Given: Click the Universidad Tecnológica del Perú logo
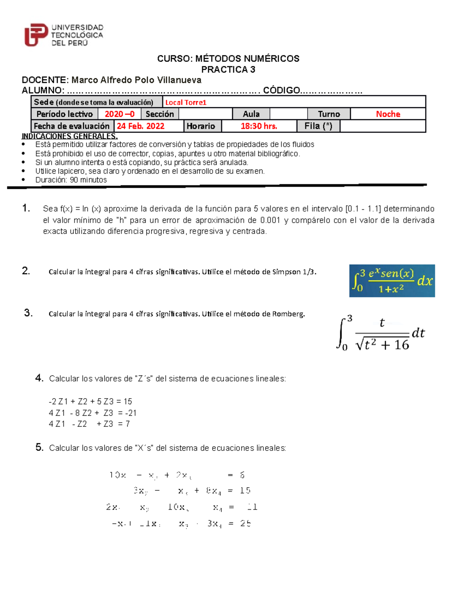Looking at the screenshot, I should click(x=64, y=35).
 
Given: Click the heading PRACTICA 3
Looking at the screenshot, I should click(x=228, y=70).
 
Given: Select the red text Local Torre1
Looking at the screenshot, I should click(x=186, y=103).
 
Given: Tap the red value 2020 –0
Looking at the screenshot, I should click(x=119, y=114).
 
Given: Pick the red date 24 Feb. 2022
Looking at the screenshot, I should click(x=141, y=126).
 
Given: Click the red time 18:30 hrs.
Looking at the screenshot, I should click(x=259, y=126).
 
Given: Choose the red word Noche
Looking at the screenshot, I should click(x=388, y=114).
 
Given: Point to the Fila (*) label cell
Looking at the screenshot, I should click(x=318, y=126).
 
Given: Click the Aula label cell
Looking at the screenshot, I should click(x=251, y=114).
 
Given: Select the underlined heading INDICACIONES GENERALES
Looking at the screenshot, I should click(x=70, y=136).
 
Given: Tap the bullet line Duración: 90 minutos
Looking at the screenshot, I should click(x=71, y=180).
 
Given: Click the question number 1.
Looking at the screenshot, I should click(x=26, y=208).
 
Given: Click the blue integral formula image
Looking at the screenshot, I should click(x=392, y=281).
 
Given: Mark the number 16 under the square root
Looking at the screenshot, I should click(x=401, y=344).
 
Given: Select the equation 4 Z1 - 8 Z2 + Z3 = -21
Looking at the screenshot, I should click(x=92, y=413).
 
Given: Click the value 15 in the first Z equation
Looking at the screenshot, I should click(x=128, y=402).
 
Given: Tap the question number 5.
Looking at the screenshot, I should click(x=39, y=447).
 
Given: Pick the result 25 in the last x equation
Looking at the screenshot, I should click(x=245, y=524).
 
